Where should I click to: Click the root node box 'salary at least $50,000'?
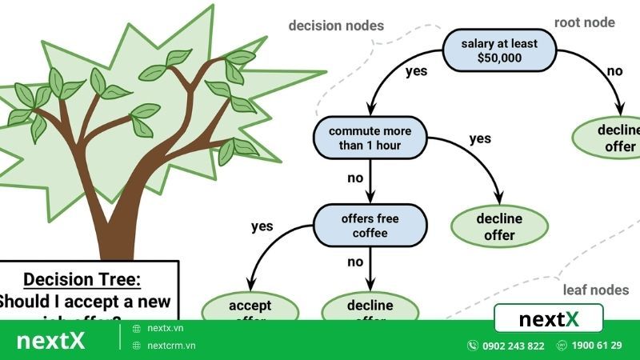click(x=500, y=50)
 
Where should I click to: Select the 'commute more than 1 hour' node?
click(x=370, y=138)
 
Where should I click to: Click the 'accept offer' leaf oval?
click(x=250, y=307)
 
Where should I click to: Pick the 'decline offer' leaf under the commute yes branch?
click(x=500, y=226)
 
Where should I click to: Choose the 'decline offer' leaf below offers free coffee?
click(x=370, y=307)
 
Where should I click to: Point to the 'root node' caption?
click(x=585, y=22)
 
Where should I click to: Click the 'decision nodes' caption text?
click(x=336, y=26)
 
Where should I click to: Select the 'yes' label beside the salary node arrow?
click(x=416, y=70)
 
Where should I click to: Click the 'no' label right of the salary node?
click(x=614, y=70)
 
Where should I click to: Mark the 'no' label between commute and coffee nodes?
click(x=355, y=178)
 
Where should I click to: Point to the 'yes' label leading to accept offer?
click(x=262, y=226)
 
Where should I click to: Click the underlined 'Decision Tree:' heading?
click(x=82, y=279)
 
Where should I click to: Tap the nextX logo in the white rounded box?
click(x=549, y=319)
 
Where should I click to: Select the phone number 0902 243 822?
click(x=513, y=346)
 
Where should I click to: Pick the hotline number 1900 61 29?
click(x=597, y=346)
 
